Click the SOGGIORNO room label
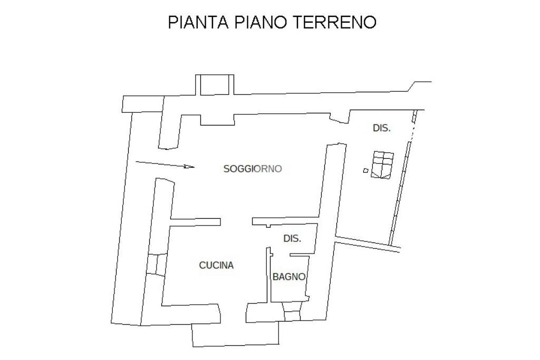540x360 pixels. (253, 169)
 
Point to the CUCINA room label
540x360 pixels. (216, 266)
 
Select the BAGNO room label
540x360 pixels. (289, 277)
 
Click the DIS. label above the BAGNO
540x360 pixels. (292, 239)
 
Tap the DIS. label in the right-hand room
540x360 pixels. (382, 128)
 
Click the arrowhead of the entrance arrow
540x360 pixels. (190, 167)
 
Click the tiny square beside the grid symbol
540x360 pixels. (365, 170)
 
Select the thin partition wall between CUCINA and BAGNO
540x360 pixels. (268, 274)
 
